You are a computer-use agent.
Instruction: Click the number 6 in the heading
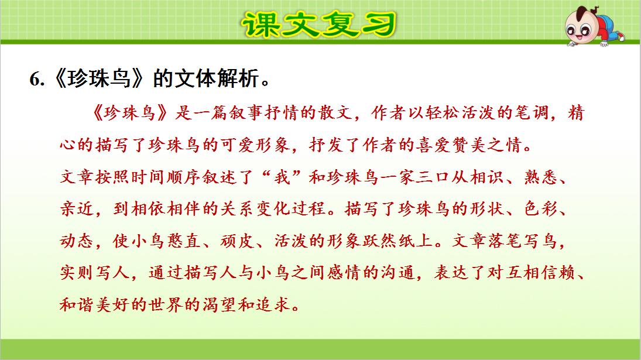(35, 80)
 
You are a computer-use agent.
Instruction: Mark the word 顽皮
(252, 241)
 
